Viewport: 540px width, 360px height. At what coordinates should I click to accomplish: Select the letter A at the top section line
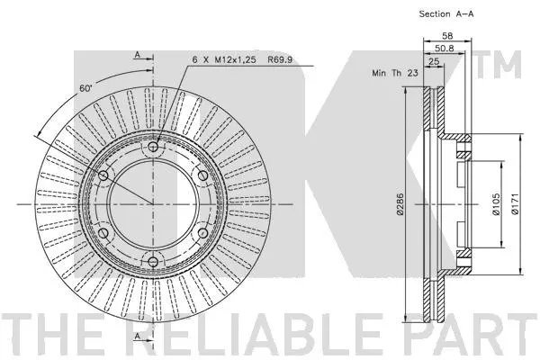click(x=138, y=55)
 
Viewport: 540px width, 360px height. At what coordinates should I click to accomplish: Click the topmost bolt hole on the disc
click(x=153, y=147)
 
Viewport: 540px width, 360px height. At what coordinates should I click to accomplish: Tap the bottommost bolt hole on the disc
click(x=153, y=263)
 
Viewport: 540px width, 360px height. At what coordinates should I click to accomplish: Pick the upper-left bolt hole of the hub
click(x=103, y=175)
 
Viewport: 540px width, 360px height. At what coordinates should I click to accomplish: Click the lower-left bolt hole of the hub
click(x=103, y=234)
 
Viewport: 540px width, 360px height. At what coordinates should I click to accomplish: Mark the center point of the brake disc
click(x=153, y=205)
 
